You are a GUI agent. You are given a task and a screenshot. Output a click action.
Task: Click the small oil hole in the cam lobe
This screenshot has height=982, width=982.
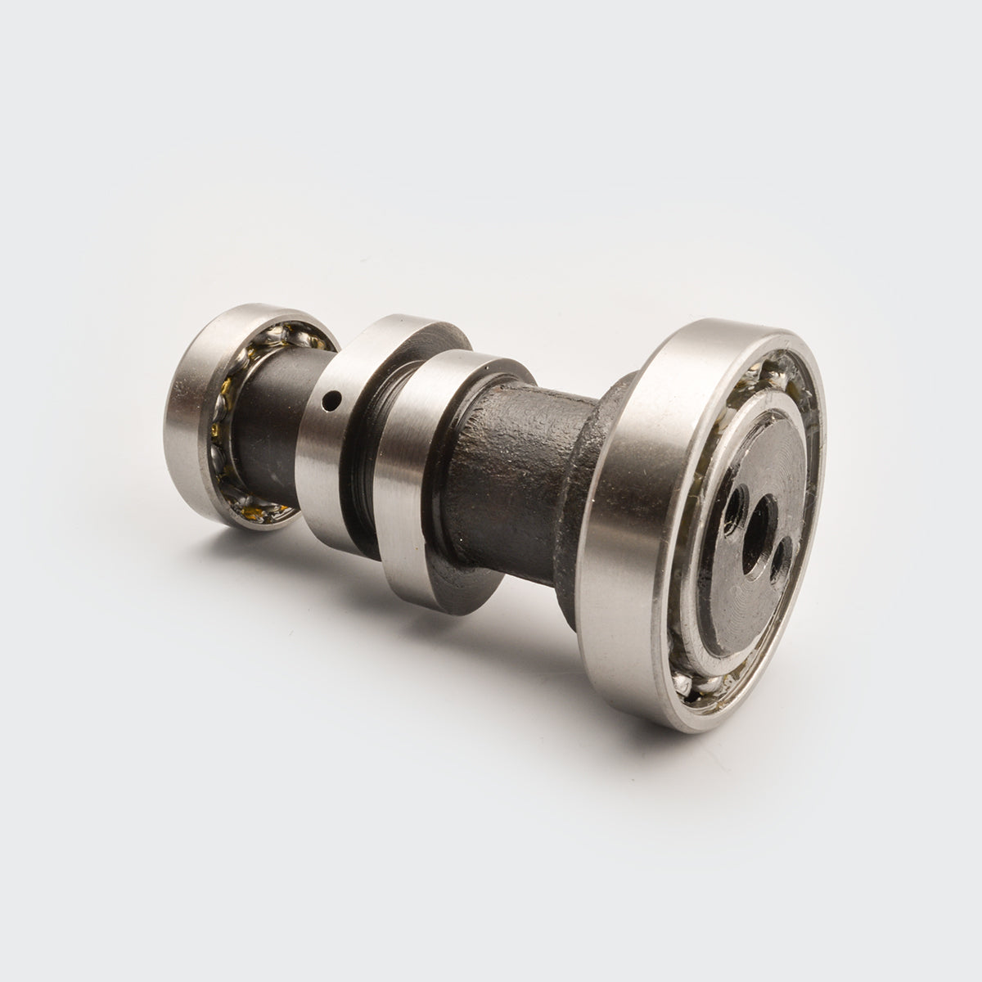[x=331, y=401]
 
